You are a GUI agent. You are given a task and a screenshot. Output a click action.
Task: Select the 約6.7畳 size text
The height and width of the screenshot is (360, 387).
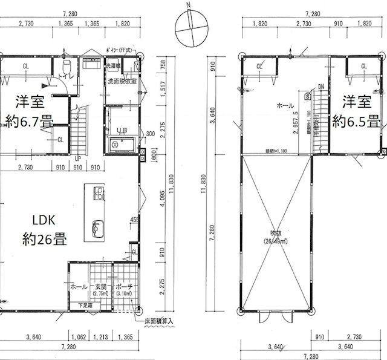coord(28,118)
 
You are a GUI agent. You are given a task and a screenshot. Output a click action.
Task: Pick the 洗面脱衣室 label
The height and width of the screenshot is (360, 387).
coord(122,80)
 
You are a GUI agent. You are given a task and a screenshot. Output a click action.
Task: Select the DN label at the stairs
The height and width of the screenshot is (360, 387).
coord(320,87)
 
